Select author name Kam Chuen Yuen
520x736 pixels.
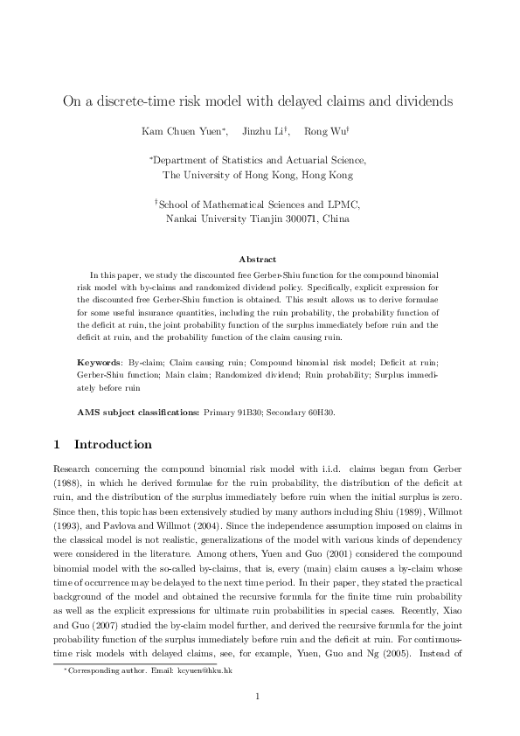pyautogui.click(x=182, y=132)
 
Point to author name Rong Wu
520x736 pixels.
pyautogui.click(x=324, y=132)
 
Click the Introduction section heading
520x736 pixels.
pyautogui.click(x=113, y=444)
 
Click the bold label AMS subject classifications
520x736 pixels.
pyautogui.click(x=138, y=411)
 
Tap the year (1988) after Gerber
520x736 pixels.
pyautogui.click(x=70, y=481)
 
